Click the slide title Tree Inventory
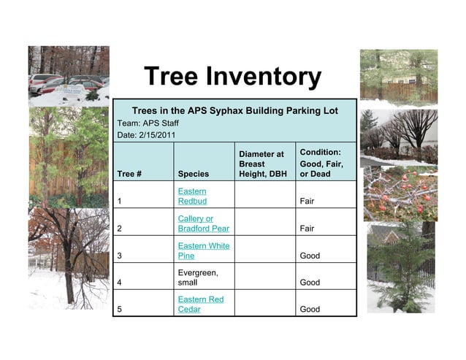coord(232,76)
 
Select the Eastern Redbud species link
coord(192,196)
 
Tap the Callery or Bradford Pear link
coord(198,223)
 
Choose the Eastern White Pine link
coord(203,251)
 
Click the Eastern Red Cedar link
coord(200,305)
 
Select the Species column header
coord(193,175)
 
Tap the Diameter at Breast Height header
coord(261,164)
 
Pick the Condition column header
coord(321,163)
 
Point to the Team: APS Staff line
coord(148,123)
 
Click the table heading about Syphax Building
coord(234,110)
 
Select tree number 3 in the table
coord(119,256)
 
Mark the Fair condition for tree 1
coord(307,201)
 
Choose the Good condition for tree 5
coord(310,309)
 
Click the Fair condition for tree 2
coord(307,229)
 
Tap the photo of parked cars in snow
coord(68,76)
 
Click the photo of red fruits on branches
coord(400,194)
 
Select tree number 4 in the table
coord(119,283)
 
